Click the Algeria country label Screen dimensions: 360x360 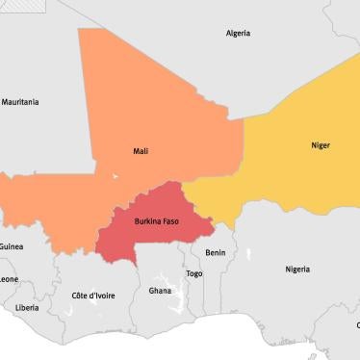point(238,33)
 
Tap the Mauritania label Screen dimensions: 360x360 point(20,101)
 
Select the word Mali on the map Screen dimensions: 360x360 point(141,151)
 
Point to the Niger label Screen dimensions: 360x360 point(320,145)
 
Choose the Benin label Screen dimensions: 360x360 point(216,252)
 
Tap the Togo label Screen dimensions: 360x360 point(194,273)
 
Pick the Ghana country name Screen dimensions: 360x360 point(160,290)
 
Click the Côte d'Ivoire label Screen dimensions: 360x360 point(93,296)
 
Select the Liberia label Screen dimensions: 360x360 point(27,308)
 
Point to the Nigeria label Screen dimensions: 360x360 point(297,269)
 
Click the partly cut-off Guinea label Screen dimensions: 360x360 point(12,246)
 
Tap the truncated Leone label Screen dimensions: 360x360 point(9,279)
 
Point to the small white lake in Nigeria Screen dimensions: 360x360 point(248,255)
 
